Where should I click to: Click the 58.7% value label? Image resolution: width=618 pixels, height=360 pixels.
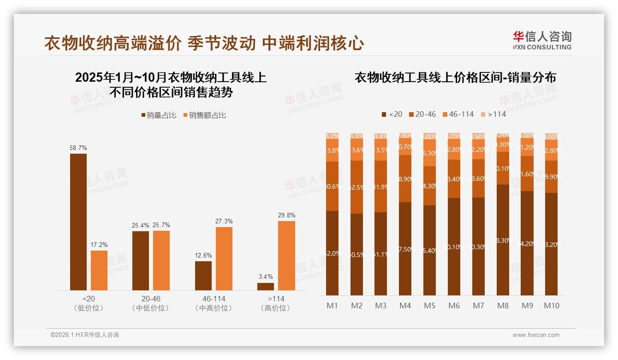click(x=78, y=148)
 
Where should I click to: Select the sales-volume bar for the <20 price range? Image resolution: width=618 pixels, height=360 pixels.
click(x=78, y=222)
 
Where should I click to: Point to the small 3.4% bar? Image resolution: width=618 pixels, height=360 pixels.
click(x=266, y=287)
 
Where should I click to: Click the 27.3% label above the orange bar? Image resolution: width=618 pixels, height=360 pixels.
click(x=224, y=222)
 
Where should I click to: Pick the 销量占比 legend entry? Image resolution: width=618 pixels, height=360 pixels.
click(x=159, y=115)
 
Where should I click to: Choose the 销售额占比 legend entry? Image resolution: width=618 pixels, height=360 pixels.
click(x=204, y=115)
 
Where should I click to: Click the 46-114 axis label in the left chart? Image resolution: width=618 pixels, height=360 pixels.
click(x=214, y=299)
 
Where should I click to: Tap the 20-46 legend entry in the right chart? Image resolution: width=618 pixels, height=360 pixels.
click(x=422, y=114)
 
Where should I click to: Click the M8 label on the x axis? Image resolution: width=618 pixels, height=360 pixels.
click(x=503, y=306)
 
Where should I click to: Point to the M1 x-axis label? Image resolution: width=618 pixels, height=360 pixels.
click(x=333, y=306)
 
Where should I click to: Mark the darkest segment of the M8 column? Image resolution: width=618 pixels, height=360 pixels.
click(x=503, y=240)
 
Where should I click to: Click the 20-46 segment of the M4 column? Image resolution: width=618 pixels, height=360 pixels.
click(x=405, y=179)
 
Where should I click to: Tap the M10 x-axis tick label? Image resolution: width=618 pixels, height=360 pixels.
click(x=552, y=306)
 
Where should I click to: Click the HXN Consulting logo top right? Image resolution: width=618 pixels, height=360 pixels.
click(x=542, y=40)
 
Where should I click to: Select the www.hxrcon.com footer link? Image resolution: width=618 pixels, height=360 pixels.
click(x=536, y=335)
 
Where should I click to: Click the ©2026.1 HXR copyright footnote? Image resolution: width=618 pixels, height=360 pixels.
click(x=85, y=335)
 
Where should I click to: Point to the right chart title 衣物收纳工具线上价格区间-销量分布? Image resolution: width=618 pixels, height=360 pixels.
click(x=455, y=78)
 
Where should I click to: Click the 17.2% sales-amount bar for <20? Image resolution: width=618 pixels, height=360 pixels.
click(x=99, y=270)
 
